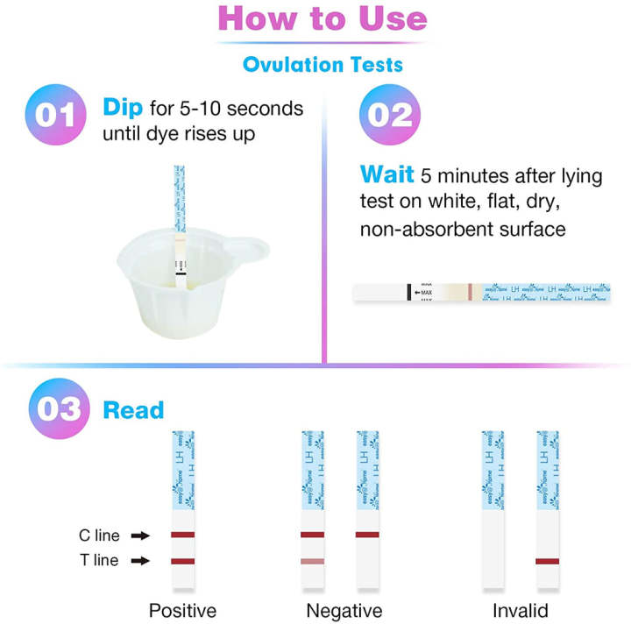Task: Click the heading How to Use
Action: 322,19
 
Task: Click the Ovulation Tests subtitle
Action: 322,64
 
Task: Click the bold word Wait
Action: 386,174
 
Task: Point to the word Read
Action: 133,409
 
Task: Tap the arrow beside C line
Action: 139,535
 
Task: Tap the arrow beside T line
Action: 139,561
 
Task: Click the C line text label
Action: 96,535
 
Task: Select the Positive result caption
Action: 182,610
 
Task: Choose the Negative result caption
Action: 344,610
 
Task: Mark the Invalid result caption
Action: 519,610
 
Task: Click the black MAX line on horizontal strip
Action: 409,293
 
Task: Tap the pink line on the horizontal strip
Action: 470,293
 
